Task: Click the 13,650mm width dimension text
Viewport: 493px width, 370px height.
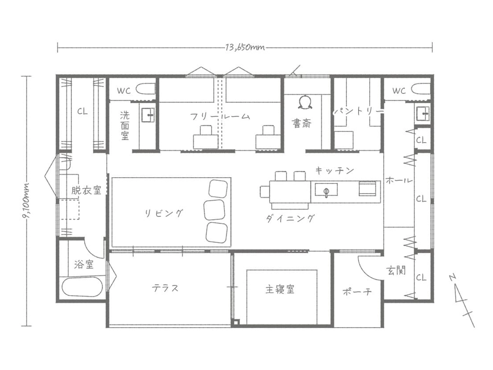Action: pos(244,47)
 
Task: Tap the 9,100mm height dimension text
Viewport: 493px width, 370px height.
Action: pos(27,201)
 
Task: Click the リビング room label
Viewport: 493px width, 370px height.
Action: pos(164,213)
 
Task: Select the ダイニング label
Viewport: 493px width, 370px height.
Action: pos(290,218)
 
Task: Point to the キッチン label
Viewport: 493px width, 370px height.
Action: pos(334,170)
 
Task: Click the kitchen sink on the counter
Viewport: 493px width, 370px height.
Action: pos(327,190)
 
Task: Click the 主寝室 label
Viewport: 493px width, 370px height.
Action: pos(280,289)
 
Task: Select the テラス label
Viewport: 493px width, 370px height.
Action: pos(166,288)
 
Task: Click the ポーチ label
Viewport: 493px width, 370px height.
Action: pos(357,292)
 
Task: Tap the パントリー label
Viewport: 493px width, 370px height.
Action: pos(358,111)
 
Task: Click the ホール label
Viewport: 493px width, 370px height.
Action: pos(399,180)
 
